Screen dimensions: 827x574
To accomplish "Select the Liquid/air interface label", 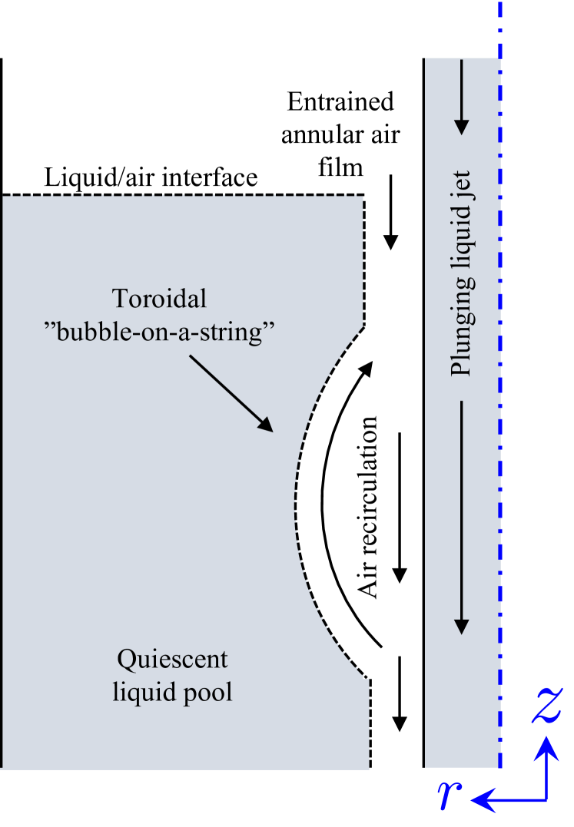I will click(151, 178).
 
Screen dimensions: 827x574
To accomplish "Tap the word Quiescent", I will click(172, 660).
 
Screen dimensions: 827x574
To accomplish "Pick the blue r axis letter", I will click(446, 799).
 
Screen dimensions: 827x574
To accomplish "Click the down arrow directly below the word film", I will click(392, 212).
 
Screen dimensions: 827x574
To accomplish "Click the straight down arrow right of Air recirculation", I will click(400, 508).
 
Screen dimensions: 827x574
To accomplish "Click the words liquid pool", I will click(172, 692).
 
